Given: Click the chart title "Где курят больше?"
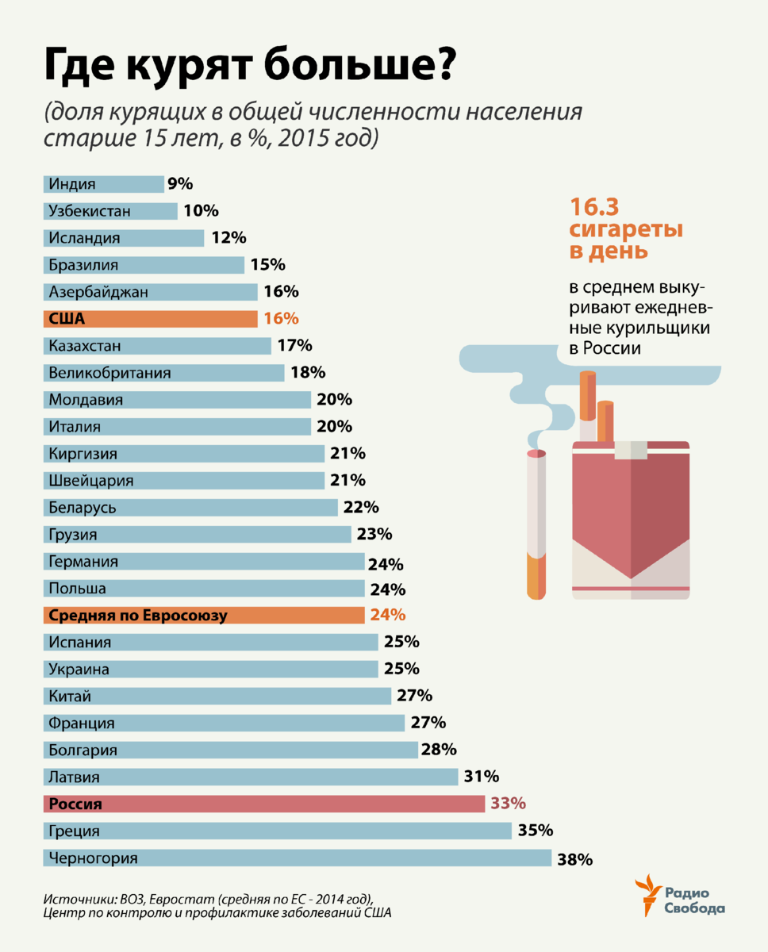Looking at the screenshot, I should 248,68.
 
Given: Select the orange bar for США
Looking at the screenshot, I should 150,319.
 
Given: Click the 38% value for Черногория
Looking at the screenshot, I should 574,858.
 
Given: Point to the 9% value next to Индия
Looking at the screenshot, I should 180,184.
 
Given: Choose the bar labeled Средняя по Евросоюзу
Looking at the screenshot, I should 203,615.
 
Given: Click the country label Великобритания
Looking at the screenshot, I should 109,373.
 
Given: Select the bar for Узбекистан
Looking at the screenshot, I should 110,211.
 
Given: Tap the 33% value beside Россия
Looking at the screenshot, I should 508,804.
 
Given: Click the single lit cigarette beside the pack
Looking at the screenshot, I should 537,524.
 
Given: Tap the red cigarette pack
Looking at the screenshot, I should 631,524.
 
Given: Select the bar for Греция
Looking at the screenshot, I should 277,831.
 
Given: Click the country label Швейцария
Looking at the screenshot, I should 90,481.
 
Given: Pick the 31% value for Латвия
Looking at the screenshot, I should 481,777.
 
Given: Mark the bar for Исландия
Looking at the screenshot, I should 124,238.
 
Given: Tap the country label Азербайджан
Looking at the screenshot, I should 98,292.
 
